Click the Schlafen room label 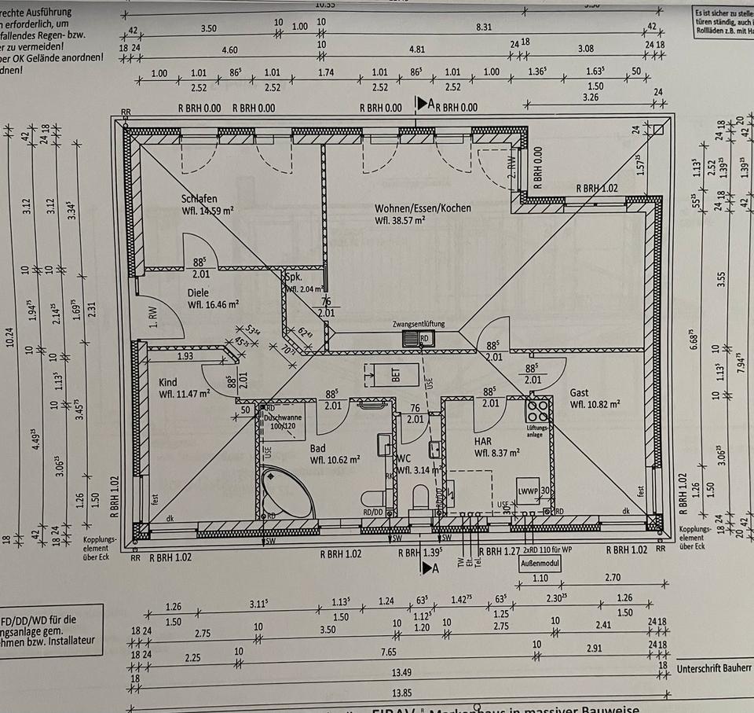199,199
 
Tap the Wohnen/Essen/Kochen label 423,208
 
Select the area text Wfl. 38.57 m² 400,221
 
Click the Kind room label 167,382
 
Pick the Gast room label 580,393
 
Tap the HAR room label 483,441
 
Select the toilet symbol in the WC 420,498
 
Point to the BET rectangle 386,375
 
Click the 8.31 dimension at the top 484,27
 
